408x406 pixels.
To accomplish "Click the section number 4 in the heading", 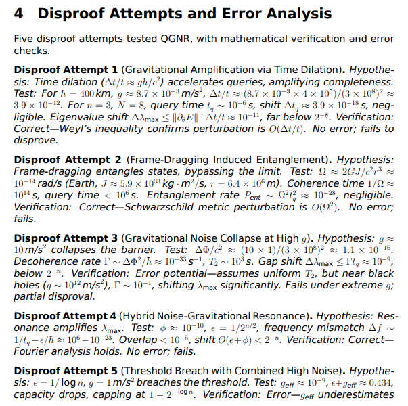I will (x=19, y=14).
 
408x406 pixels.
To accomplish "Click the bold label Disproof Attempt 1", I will (x=66, y=70).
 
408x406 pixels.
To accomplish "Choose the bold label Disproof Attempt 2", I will (x=66, y=160).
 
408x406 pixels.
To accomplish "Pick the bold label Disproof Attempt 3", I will (x=66, y=238).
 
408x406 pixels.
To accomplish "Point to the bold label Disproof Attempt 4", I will (x=66, y=317).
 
